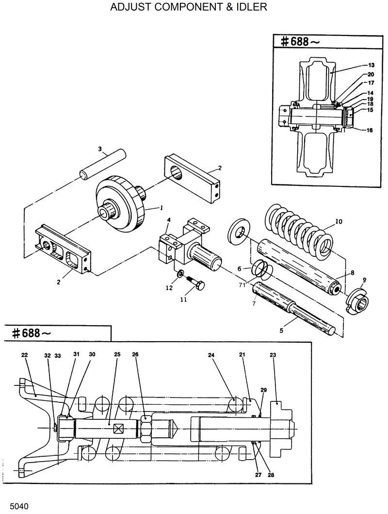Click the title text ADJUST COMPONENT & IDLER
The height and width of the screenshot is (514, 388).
(189, 8)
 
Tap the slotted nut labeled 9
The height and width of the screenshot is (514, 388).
(358, 300)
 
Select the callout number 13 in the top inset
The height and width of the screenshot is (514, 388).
(371, 65)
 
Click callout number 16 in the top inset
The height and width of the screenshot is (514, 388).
(370, 130)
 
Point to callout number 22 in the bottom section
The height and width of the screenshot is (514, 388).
(24, 355)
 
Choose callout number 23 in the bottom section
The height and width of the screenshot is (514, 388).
(273, 355)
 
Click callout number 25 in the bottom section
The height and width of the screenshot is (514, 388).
(117, 355)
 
